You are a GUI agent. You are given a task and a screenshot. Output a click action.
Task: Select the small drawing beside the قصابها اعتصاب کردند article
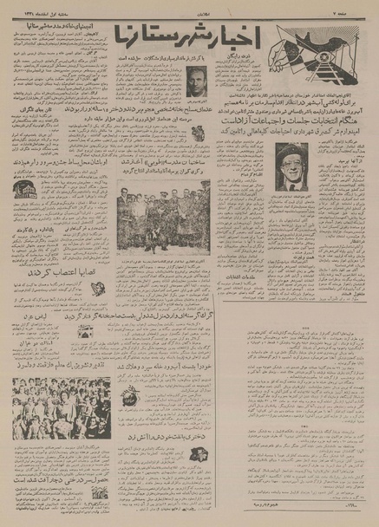[x=96, y=289]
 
